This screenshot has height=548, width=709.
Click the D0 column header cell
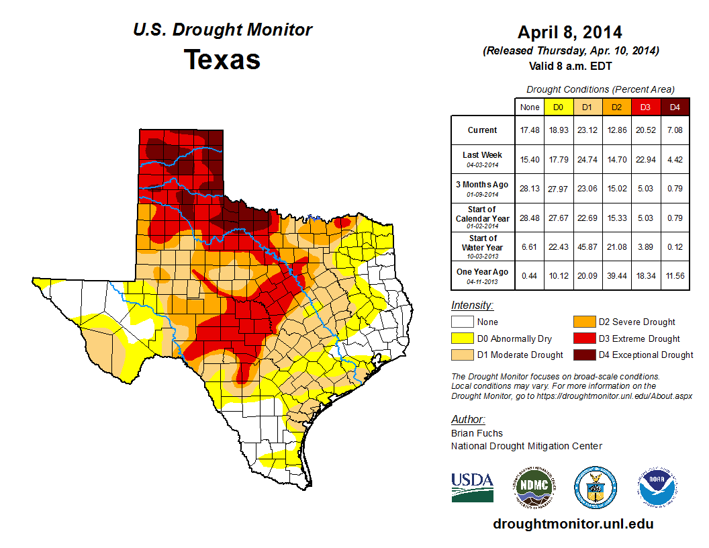(558, 107)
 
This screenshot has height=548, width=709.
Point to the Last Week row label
(483, 155)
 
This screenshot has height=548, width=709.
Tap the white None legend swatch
(463, 322)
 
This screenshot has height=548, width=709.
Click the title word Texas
(222, 60)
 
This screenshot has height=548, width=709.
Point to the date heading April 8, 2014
(570, 32)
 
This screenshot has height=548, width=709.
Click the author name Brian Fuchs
(477, 433)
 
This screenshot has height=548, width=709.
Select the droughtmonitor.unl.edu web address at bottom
(573, 524)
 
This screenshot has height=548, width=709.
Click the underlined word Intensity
(472, 306)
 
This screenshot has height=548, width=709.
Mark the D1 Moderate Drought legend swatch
(463, 355)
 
